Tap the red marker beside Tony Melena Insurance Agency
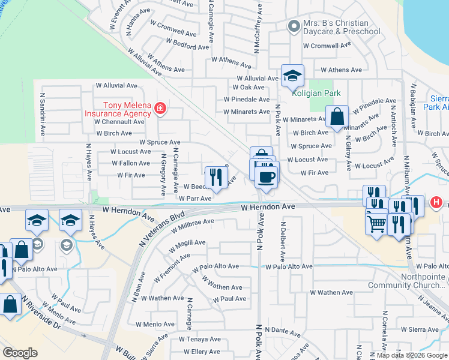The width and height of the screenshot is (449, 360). tap(160, 109)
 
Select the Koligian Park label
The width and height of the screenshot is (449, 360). tap(316, 93)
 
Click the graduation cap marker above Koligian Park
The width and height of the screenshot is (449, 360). tap(292, 76)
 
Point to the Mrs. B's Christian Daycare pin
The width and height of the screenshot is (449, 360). tap(294, 26)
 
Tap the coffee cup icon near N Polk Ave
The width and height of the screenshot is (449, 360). tap(267, 176)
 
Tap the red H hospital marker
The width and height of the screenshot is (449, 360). tap(437, 204)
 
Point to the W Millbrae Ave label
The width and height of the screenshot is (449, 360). tap(192, 225)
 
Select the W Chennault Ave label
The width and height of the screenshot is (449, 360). tap(119, 121)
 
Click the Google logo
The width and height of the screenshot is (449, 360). tap(20, 353)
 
